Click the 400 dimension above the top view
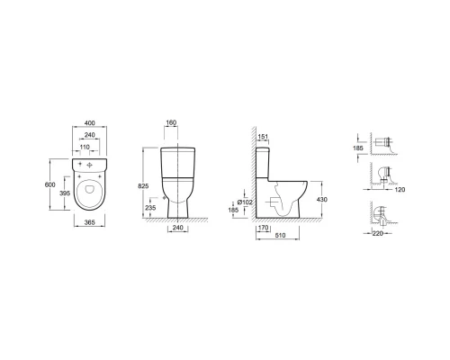pos(90,123)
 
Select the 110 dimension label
pos(85,147)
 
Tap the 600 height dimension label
pos(49,184)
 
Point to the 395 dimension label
pos(65,193)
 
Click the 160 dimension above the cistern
pos(171,122)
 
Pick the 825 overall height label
pos(143,186)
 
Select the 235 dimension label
pos(150,208)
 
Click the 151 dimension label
pos(263,137)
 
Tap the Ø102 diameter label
pos(245,202)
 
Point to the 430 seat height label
pos(322,200)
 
